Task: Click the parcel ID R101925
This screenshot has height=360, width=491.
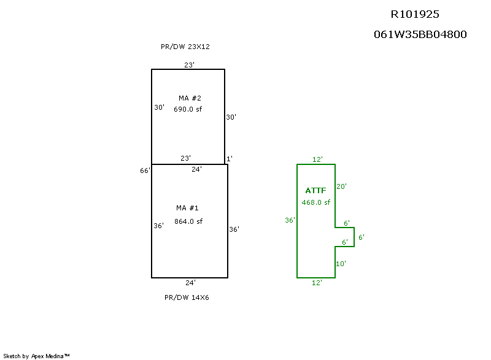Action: coord(415,14)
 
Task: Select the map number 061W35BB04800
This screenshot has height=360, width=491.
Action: coord(420,34)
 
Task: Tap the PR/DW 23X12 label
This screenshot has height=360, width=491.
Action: coord(185,47)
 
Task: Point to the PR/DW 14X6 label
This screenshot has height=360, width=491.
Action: coord(187,297)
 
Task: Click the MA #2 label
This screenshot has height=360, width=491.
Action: coord(190,98)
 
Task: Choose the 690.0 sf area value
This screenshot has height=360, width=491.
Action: coord(188,109)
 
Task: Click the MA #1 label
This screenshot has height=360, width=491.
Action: coord(187,208)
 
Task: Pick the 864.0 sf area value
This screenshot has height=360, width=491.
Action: coord(188,221)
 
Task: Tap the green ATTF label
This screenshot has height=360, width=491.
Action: coord(315,191)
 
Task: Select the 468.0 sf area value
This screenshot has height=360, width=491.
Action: coord(315,202)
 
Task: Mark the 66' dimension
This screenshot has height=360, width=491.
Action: coord(145,170)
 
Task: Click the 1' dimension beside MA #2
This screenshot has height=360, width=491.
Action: coord(229,159)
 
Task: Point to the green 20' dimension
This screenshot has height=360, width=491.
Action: coord(341,186)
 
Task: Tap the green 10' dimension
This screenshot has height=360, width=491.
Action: coord(341,264)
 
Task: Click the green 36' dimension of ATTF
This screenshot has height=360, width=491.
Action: coord(290,220)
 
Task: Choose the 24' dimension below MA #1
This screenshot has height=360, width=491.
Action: coord(190,283)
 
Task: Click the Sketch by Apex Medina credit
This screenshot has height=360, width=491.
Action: coord(36,356)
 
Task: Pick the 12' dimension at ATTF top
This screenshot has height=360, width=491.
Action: coord(317,159)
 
